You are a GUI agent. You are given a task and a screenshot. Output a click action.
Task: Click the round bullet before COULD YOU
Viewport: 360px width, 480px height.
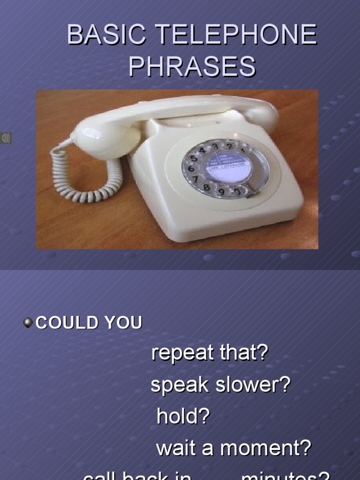click(28, 322)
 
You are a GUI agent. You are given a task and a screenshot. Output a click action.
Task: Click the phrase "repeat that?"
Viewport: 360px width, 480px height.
click(209, 352)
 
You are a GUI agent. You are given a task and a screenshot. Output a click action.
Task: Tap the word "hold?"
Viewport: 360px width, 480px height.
click(183, 416)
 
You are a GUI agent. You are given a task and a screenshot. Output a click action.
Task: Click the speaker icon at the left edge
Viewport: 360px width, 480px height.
click(6, 138)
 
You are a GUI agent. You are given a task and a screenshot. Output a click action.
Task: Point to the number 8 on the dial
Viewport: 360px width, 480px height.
click(206, 187)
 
